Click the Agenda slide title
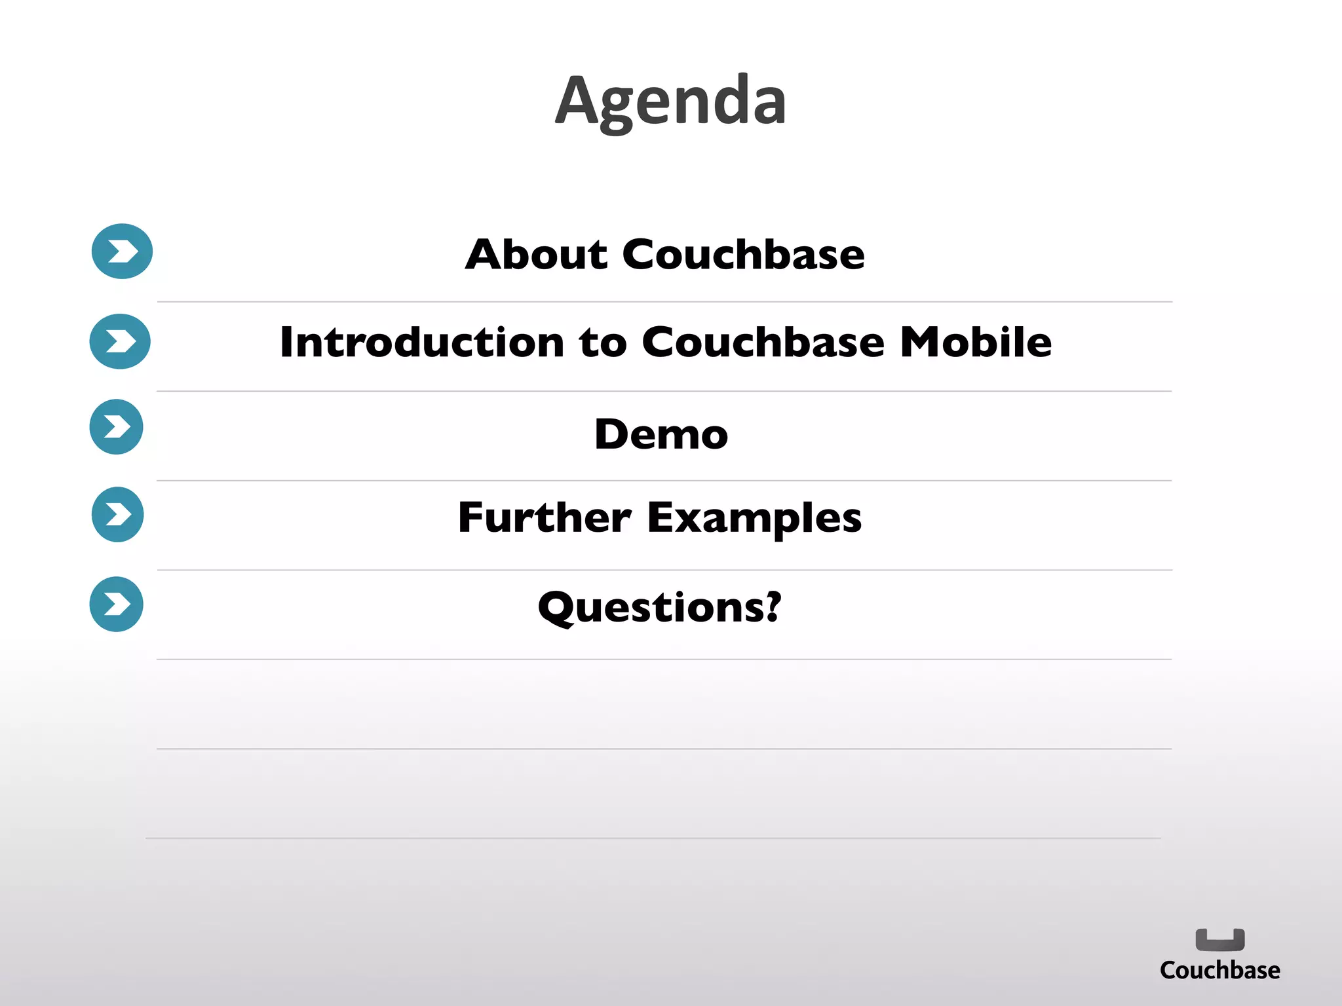[x=670, y=102]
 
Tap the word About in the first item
[x=537, y=254]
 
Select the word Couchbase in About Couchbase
[x=743, y=254]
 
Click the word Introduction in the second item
[x=421, y=342]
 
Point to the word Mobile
[x=976, y=342]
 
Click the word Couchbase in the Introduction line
[x=763, y=342]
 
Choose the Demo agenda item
[x=661, y=434]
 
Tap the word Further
[x=544, y=517]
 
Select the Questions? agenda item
[x=659, y=607]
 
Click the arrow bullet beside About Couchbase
[x=122, y=251]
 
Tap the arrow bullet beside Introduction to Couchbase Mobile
[x=120, y=341]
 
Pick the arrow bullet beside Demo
[x=117, y=427]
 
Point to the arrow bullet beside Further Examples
[x=118, y=515]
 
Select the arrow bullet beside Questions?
[x=117, y=604]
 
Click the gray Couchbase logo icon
[x=1219, y=940]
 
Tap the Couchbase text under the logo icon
[x=1219, y=971]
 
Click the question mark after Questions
[x=774, y=606]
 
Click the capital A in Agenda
[x=576, y=101]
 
